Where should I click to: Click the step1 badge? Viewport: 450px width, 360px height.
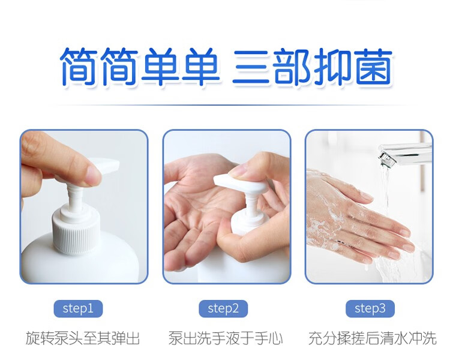(x=78, y=308)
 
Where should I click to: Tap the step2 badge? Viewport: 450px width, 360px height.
(x=223, y=308)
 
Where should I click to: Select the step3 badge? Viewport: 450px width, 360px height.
(x=370, y=308)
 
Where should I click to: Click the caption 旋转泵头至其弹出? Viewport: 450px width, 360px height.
(x=83, y=338)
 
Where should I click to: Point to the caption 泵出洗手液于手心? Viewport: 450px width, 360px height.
(x=226, y=338)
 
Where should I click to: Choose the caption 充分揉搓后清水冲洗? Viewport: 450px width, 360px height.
(x=372, y=338)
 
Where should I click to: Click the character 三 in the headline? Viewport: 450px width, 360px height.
(x=250, y=67)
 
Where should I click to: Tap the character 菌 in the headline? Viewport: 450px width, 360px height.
(x=374, y=67)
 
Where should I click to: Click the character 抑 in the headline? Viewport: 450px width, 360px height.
(x=333, y=67)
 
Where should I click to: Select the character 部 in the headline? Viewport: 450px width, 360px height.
(x=292, y=67)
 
